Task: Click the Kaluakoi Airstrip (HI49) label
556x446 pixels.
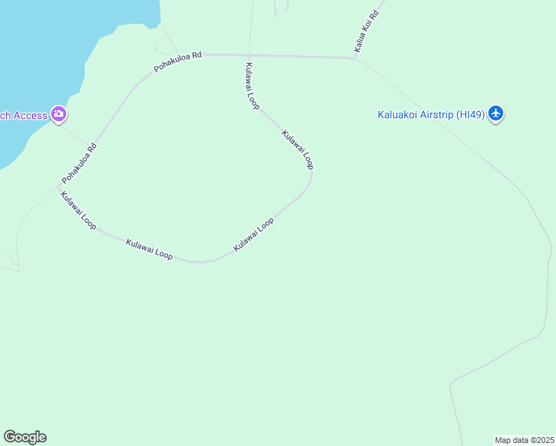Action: coord(431,114)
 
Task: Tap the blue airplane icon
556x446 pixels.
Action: coord(497,114)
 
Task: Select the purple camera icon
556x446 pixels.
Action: coord(59,114)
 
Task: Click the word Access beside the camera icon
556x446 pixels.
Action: coord(27,115)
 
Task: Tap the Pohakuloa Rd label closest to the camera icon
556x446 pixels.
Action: coord(80,164)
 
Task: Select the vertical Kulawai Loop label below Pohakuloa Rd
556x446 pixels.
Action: coord(251,85)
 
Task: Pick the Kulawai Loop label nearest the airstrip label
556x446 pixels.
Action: coord(297,149)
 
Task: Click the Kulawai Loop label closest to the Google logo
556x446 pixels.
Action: coord(78,210)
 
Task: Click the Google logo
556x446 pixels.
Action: coord(25,437)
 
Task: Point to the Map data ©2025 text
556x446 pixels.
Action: coord(525,440)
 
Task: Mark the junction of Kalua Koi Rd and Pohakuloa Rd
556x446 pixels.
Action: coord(355,57)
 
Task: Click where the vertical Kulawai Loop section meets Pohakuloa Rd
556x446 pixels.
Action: coord(249,54)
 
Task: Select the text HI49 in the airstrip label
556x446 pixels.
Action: coord(473,114)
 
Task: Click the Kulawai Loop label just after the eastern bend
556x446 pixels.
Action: coord(253,234)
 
